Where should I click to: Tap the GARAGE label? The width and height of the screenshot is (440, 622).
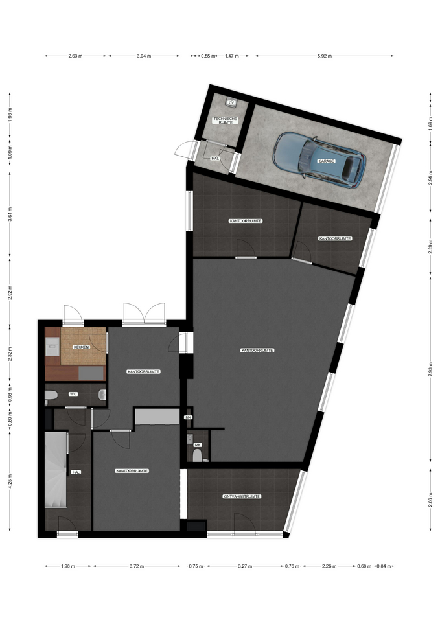tap(327, 161)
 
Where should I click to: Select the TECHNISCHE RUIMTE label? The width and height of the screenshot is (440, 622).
tap(225, 121)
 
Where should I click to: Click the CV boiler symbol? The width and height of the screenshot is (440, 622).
tap(231, 102)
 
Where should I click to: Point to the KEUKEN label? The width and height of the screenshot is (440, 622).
tap(82, 347)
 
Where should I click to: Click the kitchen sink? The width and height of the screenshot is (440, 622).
tap(52, 346)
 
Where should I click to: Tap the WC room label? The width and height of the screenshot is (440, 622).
tap(73, 394)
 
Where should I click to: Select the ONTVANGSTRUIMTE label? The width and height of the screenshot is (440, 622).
tap(242, 496)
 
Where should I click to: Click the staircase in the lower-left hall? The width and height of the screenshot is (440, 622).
tap(55, 470)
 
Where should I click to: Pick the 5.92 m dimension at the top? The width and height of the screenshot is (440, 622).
tap(324, 56)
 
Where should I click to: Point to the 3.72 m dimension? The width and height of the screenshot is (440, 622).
tap(137, 566)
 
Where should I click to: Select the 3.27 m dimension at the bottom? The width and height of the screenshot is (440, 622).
tap(245, 566)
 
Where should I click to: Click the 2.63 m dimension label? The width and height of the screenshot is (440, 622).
tap(75, 56)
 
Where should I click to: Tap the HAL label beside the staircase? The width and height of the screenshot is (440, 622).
tap(76, 472)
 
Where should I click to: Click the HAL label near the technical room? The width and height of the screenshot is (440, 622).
tap(215, 158)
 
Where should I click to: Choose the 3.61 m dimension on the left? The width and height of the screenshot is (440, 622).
tap(10, 214)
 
